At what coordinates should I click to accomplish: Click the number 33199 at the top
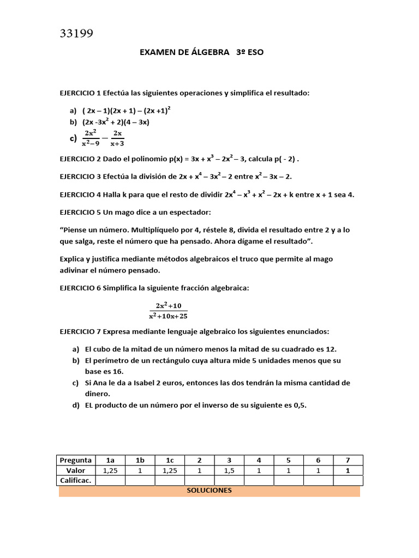76,34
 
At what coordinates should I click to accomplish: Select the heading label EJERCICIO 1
80,93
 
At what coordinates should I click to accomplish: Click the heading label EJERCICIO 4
80,195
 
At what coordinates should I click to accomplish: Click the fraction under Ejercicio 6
168,311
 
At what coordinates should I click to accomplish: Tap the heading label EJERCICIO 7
80,331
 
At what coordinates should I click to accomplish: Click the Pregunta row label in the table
75,460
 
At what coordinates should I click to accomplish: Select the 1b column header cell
140,460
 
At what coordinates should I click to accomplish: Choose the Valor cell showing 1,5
229,471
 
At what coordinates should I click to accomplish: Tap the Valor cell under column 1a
110,471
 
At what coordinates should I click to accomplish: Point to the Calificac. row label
75,481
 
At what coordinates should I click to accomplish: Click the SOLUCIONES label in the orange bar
209,490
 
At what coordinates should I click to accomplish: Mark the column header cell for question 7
348,460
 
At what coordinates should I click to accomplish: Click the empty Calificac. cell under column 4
259,481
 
